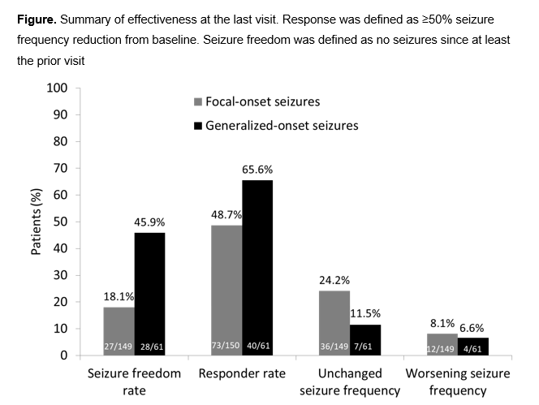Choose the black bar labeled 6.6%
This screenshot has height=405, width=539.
pos(473,342)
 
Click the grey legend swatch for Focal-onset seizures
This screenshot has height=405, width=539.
pos(197,102)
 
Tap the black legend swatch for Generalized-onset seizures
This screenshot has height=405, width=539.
pos(197,126)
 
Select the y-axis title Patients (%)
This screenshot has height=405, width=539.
pos(37,221)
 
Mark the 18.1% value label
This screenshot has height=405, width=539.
pos(119,297)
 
